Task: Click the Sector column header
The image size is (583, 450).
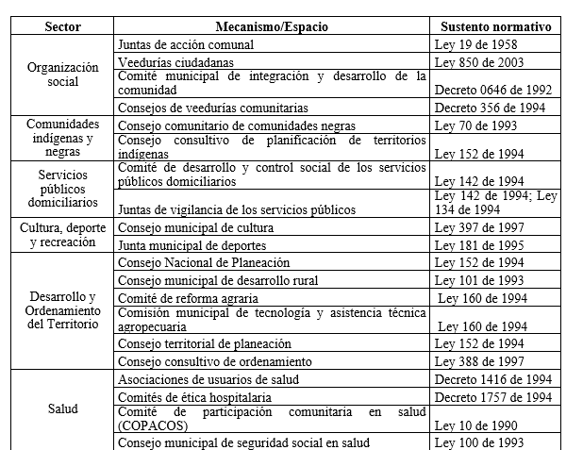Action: pyautogui.click(x=62, y=25)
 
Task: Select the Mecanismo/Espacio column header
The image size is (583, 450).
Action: pyautogui.click(x=272, y=25)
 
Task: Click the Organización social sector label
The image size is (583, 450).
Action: pyautogui.click(x=62, y=75)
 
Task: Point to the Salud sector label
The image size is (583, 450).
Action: pyautogui.click(x=62, y=408)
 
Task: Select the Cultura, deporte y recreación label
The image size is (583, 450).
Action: pyautogui.click(x=62, y=235)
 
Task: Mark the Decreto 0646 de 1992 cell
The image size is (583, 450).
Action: pyautogui.click(x=493, y=91)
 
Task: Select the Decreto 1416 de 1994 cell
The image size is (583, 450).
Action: pyautogui.click(x=493, y=379)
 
